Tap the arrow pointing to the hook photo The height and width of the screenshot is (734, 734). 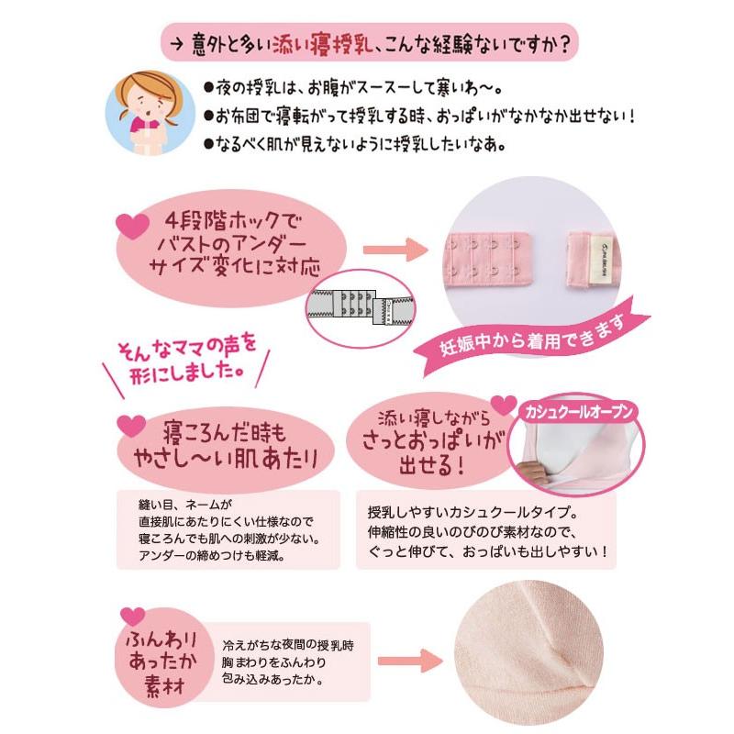[395, 248]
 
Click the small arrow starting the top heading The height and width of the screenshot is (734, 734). [172, 44]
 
